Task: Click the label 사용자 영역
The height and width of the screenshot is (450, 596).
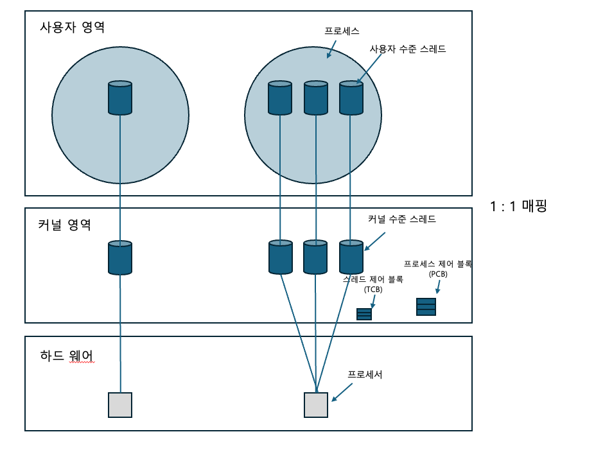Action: [x=72, y=28]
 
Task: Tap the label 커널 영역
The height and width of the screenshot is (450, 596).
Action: [x=64, y=225]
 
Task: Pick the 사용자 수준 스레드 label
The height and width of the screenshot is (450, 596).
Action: [x=407, y=49]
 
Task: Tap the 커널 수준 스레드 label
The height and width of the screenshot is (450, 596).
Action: [x=401, y=220]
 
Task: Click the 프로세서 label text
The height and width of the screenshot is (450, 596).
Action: [x=365, y=374]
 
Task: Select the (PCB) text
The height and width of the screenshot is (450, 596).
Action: [x=438, y=273]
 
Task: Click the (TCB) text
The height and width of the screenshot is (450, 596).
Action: [x=372, y=290]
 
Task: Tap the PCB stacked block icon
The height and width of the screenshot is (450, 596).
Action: [x=426, y=307]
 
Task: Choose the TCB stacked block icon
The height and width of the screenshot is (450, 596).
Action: [x=364, y=314]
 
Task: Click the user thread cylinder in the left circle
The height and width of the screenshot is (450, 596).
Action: [x=120, y=98]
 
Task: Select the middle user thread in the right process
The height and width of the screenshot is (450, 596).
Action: [x=315, y=98]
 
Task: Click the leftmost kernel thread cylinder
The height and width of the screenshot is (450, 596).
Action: [x=120, y=257]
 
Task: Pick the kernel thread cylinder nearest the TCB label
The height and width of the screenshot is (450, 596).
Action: [x=351, y=257]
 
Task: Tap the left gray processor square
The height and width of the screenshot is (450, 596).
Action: [x=120, y=405]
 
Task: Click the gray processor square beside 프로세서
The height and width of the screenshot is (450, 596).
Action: [x=315, y=405]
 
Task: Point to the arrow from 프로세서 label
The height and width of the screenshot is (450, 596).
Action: [x=341, y=392]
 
